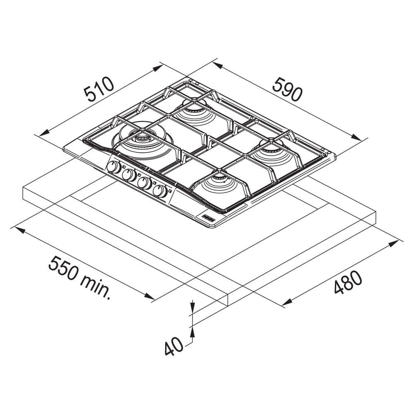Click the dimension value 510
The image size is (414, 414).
[99, 89]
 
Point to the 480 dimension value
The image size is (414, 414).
[348, 282]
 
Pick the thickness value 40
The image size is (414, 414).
[173, 347]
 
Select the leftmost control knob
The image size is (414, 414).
[113, 168]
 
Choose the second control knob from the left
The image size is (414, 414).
[129, 175]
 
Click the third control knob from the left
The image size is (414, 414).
[144, 183]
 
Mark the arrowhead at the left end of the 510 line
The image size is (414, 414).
[42, 133]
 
